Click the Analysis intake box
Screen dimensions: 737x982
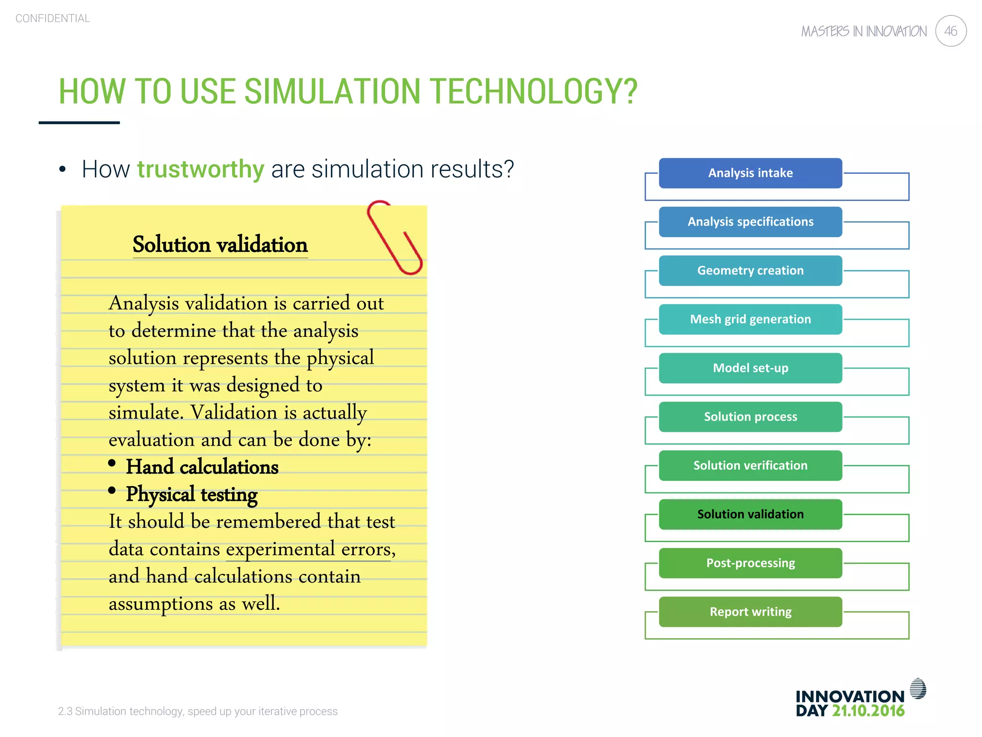click(x=750, y=173)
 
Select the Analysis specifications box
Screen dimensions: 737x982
click(x=750, y=222)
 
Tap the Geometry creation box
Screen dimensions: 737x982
click(x=750, y=271)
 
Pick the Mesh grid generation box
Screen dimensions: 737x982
click(x=750, y=319)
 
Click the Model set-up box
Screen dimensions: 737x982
click(x=750, y=368)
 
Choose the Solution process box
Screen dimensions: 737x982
click(x=750, y=416)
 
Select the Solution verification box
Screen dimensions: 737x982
click(x=750, y=465)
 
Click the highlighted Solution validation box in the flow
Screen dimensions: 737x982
click(x=750, y=514)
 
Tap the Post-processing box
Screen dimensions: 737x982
click(x=750, y=563)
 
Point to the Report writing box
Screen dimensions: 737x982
click(x=750, y=612)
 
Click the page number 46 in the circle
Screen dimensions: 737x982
click(x=950, y=31)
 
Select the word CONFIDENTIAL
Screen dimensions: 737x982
click(x=53, y=18)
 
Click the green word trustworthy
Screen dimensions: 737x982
click(x=200, y=169)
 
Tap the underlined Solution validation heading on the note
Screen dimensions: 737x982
click(x=220, y=245)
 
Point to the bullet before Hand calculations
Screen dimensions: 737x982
click(x=112, y=463)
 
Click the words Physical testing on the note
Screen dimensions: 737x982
click(x=192, y=494)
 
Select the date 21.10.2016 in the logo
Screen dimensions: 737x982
click(x=868, y=711)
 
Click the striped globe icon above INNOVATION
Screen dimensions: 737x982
click(x=918, y=689)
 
